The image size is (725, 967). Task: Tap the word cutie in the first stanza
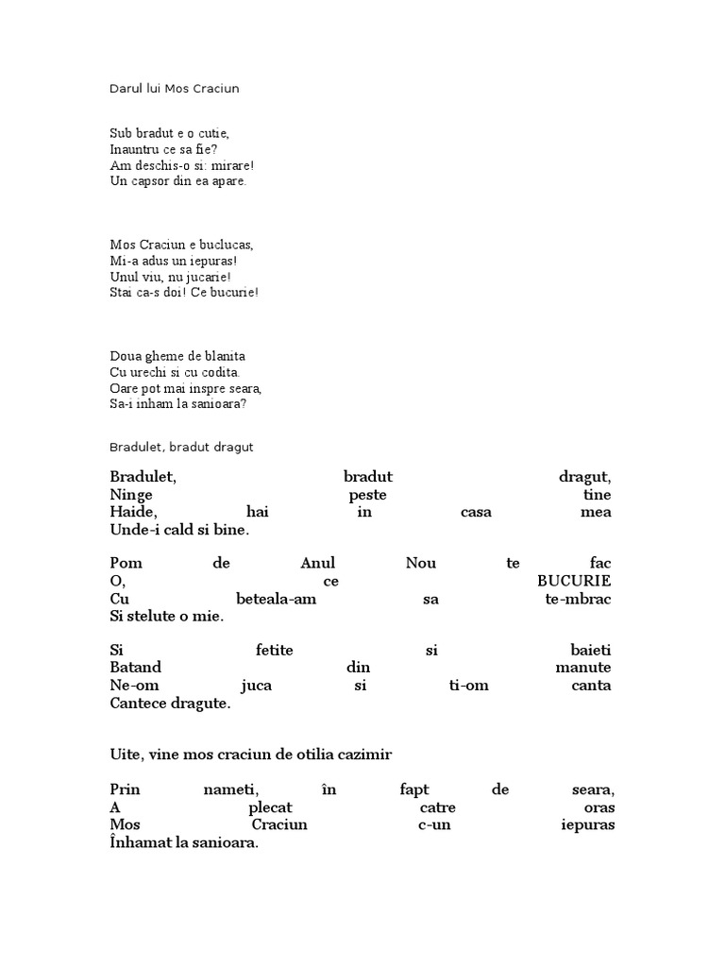point(211,133)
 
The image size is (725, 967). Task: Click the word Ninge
point(131,495)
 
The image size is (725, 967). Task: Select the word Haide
point(131,512)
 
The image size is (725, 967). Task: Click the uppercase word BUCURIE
point(573,580)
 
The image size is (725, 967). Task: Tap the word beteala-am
point(270,599)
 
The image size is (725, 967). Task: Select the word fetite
point(274,650)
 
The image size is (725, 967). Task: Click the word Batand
point(135,667)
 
